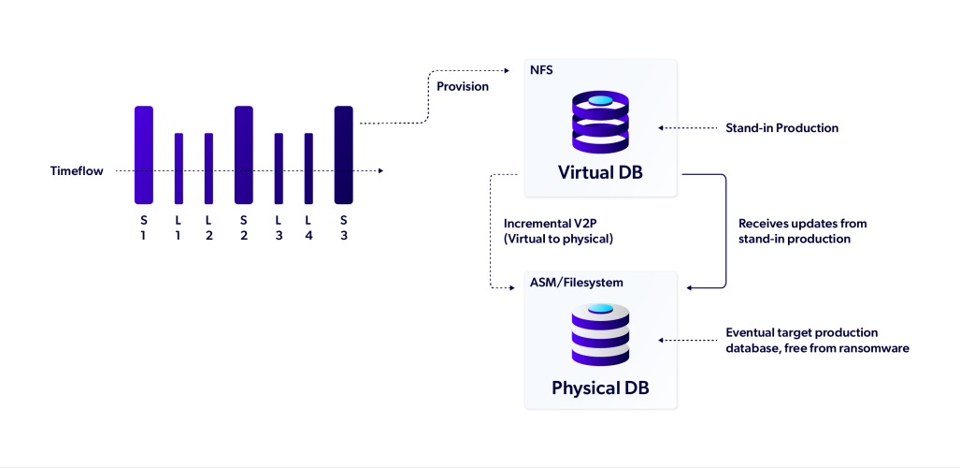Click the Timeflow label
pos(77,171)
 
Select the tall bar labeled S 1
pos(143,154)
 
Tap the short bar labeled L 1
pos(179,168)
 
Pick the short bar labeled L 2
pos(208,168)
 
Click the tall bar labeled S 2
pos(243,154)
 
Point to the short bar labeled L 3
pos(279,168)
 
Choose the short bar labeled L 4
pos(308,168)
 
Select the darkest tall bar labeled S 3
pos(343,154)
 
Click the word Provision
pos(462,87)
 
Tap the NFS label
pos(540,71)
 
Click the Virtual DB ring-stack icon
pos(600,123)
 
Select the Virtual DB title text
pos(600,173)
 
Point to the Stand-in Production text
pos(781,127)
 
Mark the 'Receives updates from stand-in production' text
pos(802,231)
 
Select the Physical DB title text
pos(600,388)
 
